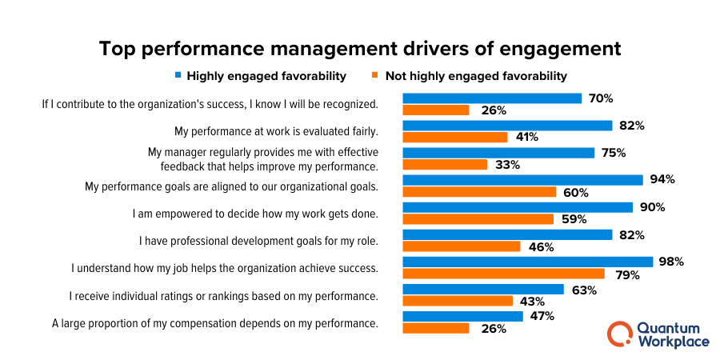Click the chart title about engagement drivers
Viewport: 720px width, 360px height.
tap(360, 48)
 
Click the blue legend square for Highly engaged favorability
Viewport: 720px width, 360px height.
tap(178, 76)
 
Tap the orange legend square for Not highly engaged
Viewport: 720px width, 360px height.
tap(374, 76)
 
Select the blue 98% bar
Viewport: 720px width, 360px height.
tap(528, 262)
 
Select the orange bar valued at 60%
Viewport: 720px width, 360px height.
tap(479, 192)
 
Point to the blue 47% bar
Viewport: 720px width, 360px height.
tap(462, 316)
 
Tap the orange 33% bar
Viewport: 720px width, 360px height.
tap(445, 165)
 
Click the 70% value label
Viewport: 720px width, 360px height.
tap(600, 98)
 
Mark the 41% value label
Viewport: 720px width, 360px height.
tap(526, 138)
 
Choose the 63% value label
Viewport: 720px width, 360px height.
tap(584, 290)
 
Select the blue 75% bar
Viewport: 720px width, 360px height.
tap(498, 153)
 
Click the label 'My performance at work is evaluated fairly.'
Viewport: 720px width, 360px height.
tap(276, 131)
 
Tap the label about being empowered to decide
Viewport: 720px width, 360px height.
tap(255, 214)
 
